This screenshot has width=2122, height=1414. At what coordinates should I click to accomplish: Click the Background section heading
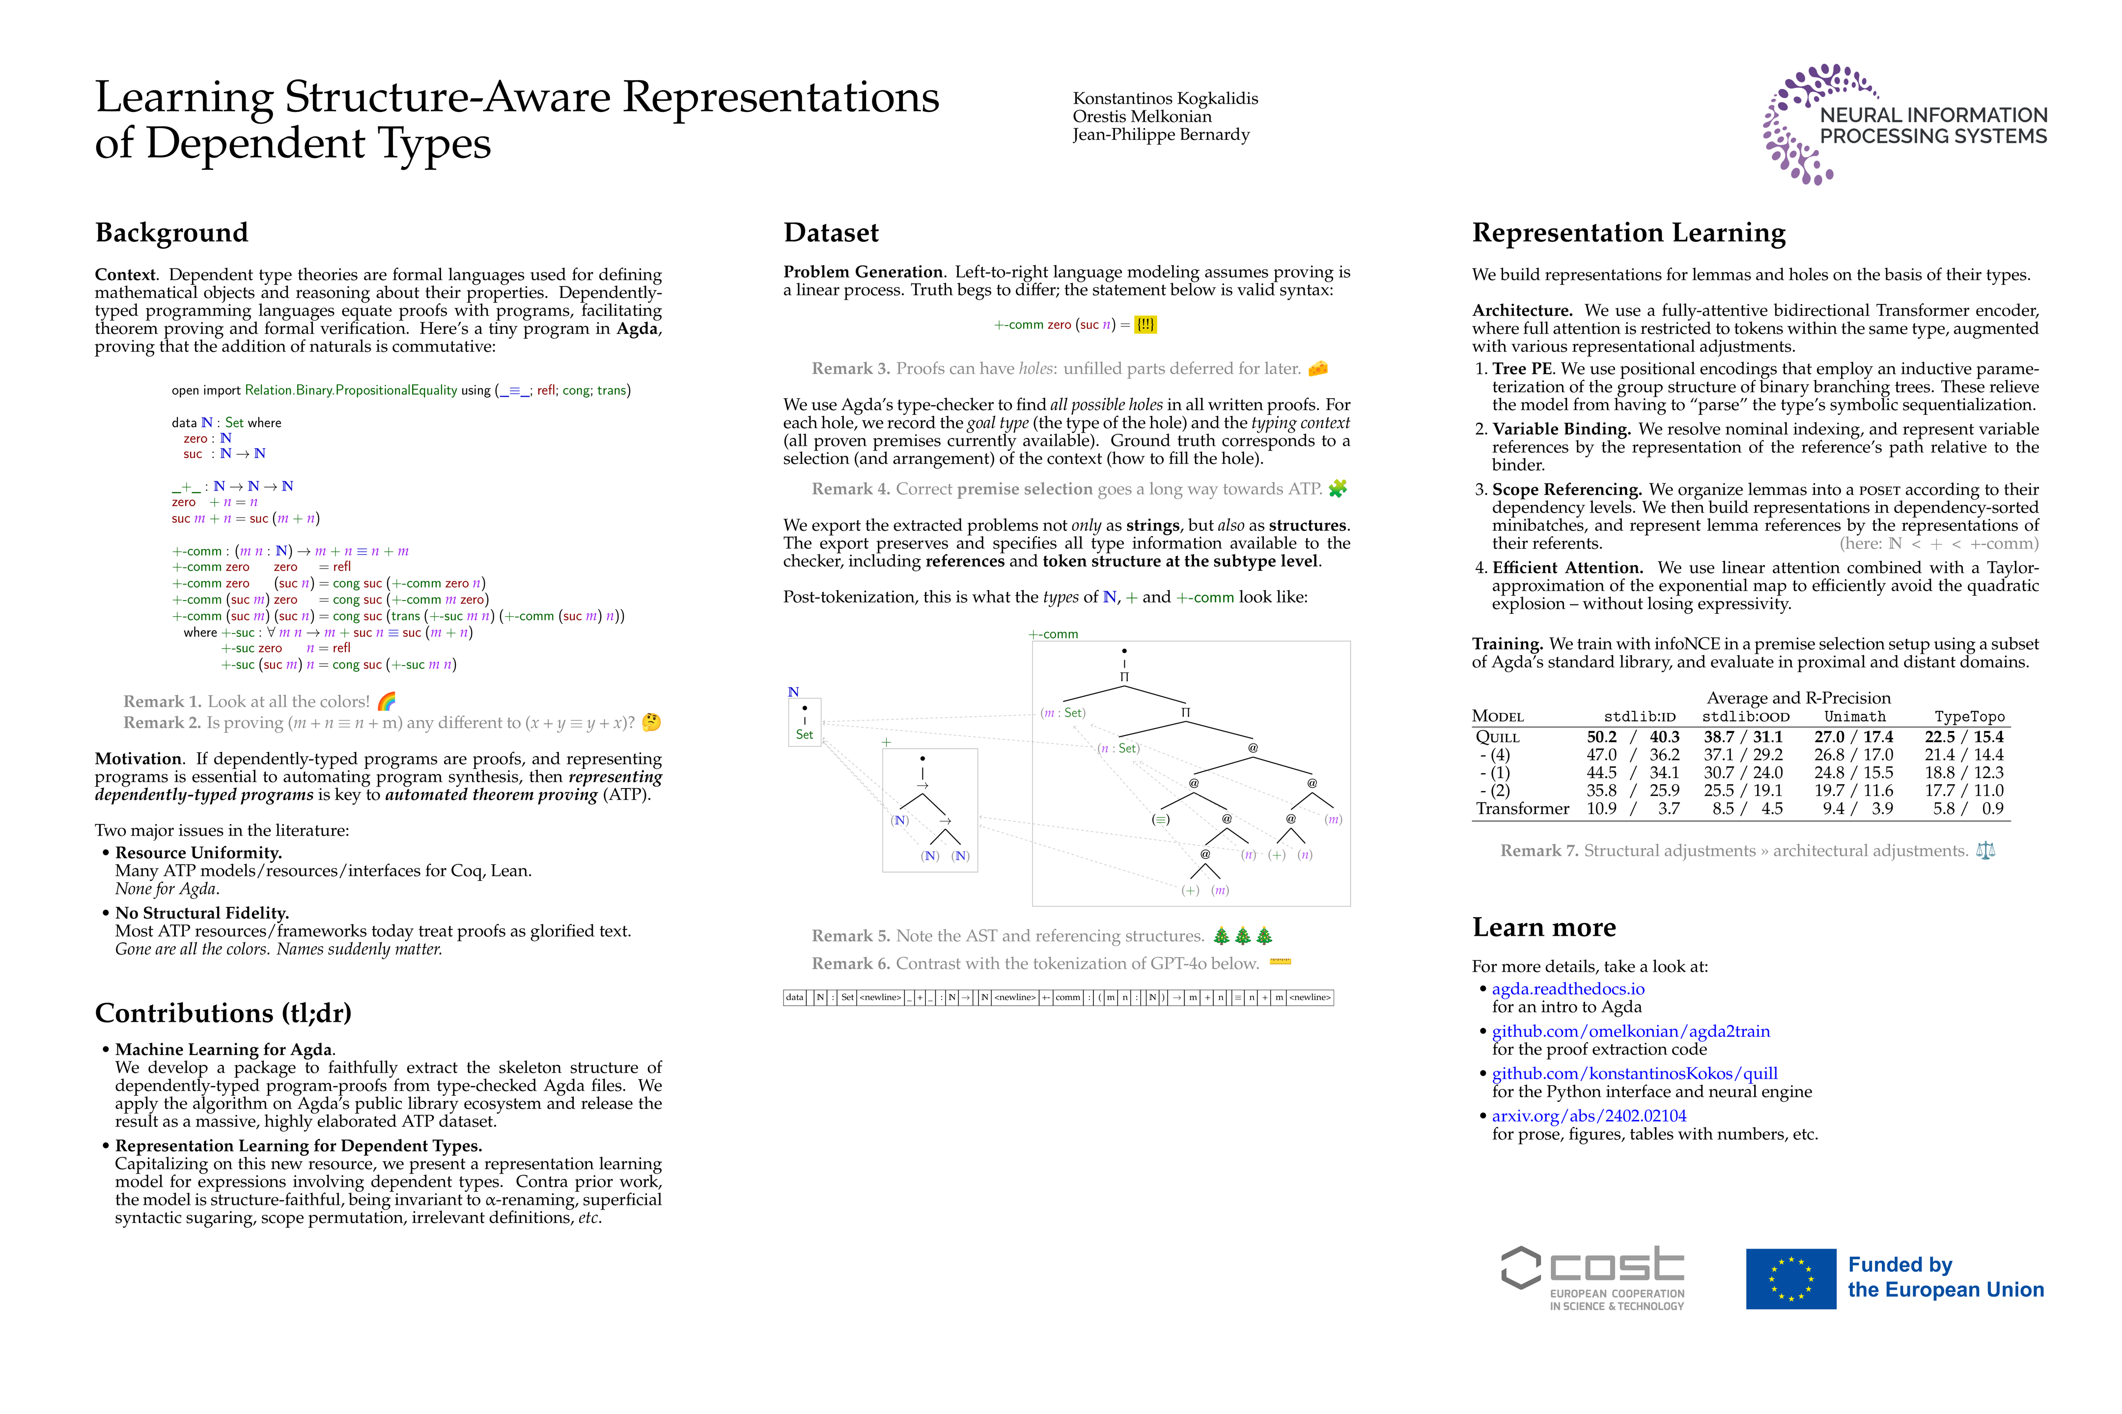(x=171, y=233)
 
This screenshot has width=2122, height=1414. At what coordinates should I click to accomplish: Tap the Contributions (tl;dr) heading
(x=223, y=1013)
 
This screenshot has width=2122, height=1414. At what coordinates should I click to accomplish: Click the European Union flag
(x=1790, y=1278)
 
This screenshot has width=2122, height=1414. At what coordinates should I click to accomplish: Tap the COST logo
(x=1592, y=1278)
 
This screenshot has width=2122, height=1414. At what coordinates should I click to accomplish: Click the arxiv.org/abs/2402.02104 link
(x=1588, y=1115)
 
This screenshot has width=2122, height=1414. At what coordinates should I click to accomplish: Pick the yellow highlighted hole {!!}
(x=1145, y=325)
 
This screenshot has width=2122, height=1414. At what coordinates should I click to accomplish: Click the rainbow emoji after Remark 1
(x=386, y=701)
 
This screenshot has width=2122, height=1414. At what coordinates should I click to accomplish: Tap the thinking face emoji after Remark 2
(x=650, y=722)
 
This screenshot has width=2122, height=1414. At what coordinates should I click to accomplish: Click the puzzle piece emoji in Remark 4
(x=1337, y=489)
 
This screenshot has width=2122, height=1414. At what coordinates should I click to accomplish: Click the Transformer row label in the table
(x=1522, y=808)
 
